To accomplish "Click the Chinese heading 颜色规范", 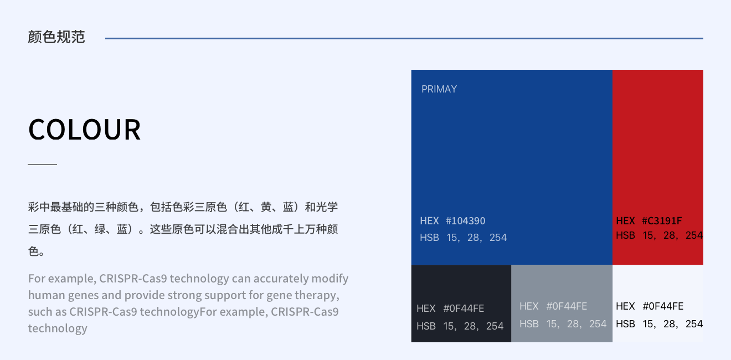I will (56, 37).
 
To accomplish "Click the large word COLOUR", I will (85, 130).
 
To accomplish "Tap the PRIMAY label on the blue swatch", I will (439, 89).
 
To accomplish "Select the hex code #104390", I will (465, 221).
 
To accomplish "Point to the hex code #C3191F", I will (662, 221).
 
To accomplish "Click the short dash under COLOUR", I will (43, 164).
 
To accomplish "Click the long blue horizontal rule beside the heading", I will (404, 38).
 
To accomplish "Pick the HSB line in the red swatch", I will (659, 235).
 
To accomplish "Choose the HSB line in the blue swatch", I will (463, 238).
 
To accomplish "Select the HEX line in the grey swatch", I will (553, 306).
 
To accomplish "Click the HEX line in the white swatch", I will (649, 306).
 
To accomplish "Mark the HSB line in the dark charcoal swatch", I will (460, 326).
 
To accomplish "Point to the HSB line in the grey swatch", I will (563, 324).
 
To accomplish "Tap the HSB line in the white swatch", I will (659, 324).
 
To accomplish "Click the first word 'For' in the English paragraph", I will (37, 278).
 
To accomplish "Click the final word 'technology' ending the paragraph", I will (58, 328).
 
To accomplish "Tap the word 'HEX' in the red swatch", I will (625, 221).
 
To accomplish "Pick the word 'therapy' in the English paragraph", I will (317, 295).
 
